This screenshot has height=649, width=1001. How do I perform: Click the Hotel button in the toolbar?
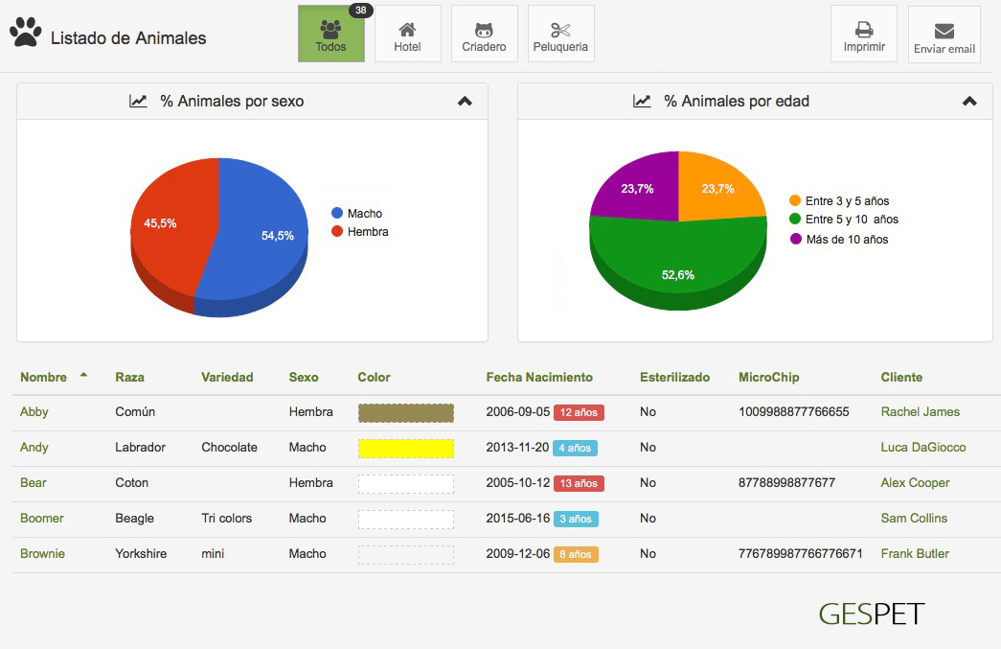pyautogui.click(x=407, y=35)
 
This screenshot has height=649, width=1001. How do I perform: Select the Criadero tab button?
pyautogui.click(x=484, y=35)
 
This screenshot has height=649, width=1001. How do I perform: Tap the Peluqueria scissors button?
pyautogui.click(x=560, y=35)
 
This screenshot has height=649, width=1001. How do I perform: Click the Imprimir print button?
pyautogui.click(x=864, y=35)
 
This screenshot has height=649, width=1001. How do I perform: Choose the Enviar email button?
pyautogui.click(x=944, y=35)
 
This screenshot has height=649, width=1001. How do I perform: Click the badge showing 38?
pyautogui.click(x=360, y=11)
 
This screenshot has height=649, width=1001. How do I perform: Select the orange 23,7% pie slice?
pyautogui.click(x=718, y=187)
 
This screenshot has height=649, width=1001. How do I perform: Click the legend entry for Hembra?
pyautogui.click(x=367, y=232)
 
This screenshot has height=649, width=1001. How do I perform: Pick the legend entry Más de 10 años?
pyautogui.click(x=847, y=240)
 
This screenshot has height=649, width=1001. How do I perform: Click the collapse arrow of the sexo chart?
pyautogui.click(x=465, y=102)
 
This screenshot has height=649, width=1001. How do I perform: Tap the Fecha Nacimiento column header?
pyautogui.click(x=539, y=378)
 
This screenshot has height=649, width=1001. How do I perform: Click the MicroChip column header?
pyautogui.click(x=768, y=378)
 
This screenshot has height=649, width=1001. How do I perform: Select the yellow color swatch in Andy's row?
pyautogui.click(x=405, y=448)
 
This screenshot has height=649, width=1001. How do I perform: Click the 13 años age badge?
pyautogui.click(x=579, y=483)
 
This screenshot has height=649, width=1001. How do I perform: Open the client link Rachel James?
pyautogui.click(x=920, y=412)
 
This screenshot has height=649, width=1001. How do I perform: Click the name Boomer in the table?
pyautogui.click(x=42, y=519)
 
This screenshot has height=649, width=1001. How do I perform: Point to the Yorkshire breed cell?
pyautogui.click(x=142, y=554)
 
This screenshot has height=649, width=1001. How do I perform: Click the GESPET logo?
pyautogui.click(x=872, y=614)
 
